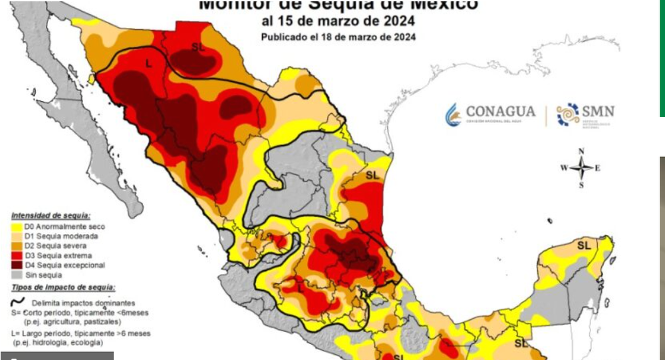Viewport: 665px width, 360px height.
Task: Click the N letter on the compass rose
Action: coord(581,151)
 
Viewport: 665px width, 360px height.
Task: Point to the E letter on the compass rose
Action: coord(597,168)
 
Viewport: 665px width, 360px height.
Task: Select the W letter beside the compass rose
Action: coord(564,168)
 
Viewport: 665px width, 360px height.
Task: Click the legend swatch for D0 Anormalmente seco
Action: coord(17,227)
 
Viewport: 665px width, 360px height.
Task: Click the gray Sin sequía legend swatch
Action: coord(17,275)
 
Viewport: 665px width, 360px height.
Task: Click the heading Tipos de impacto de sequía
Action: coord(63,287)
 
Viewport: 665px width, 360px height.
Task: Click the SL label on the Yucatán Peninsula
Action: coord(584,245)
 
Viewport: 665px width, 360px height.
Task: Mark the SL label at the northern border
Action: coord(198,47)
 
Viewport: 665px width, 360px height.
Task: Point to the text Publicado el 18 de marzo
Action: coord(338,37)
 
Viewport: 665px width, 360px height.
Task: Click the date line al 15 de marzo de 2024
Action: coord(338,21)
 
